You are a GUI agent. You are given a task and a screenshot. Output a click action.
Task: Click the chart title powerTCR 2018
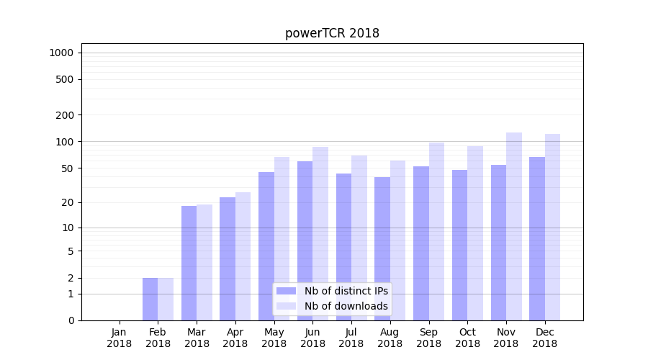(x=332, y=33)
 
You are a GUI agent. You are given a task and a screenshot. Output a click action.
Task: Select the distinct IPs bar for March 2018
(x=189, y=263)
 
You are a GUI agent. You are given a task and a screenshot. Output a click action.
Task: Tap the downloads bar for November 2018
(x=514, y=226)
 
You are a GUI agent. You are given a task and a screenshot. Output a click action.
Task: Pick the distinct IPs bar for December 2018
(x=537, y=238)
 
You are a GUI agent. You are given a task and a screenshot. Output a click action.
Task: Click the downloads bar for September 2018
(x=436, y=231)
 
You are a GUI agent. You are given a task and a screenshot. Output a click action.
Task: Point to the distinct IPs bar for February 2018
(x=150, y=299)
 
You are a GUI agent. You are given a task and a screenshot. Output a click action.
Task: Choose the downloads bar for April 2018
(x=243, y=256)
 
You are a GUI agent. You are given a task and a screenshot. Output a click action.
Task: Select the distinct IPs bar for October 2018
(x=459, y=245)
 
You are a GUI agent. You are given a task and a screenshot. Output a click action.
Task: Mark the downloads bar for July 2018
(x=359, y=238)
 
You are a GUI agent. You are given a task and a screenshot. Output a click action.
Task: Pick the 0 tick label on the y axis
(x=71, y=320)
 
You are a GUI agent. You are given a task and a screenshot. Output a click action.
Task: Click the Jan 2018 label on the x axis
(x=120, y=338)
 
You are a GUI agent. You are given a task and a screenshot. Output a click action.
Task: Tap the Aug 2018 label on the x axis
(x=390, y=338)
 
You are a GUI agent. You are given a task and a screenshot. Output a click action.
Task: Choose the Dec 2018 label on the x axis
(x=545, y=338)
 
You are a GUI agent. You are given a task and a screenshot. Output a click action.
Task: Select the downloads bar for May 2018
(x=282, y=238)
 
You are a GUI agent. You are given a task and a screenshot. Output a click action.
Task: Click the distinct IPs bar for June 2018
(x=305, y=240)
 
